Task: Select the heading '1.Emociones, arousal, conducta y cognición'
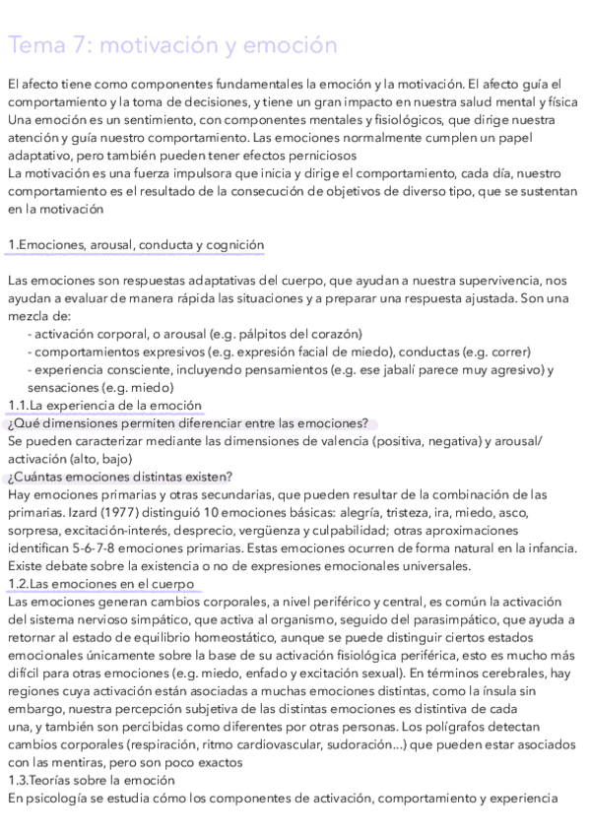coord(135,244)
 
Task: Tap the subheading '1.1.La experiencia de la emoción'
coord(104,405)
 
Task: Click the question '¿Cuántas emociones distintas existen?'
coord(119,477)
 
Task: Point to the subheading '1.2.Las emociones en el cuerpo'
coord(100,584)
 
